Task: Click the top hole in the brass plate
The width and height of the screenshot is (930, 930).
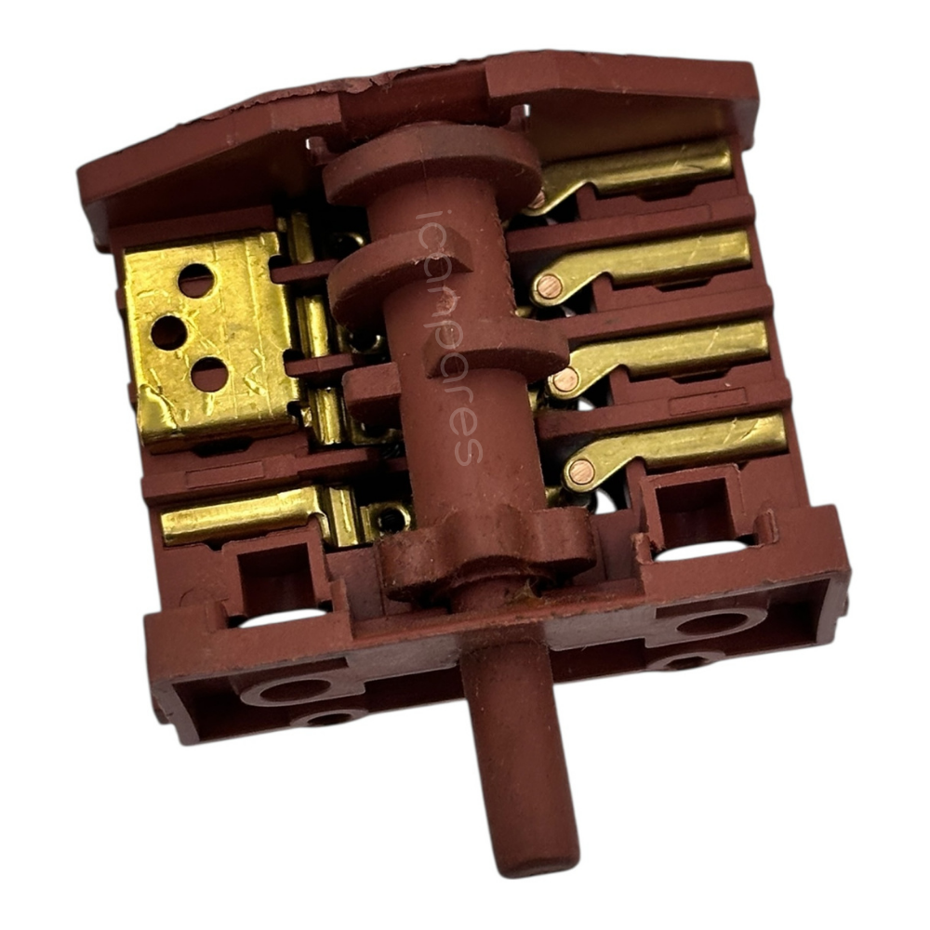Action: (x=195, y=281)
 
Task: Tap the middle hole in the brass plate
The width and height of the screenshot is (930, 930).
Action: (x=167, y=332)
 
